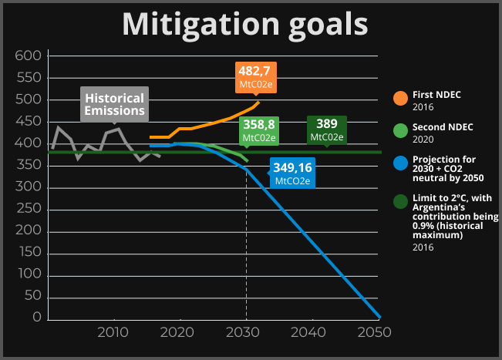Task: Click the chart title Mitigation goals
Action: click(x=245, y=24)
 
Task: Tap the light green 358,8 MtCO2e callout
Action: click(x=259, y=130)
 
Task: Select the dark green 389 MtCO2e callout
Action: click(x=326, y=130)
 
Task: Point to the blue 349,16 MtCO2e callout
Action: click(x=292, y=173)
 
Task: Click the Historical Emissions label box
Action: click(x=114, y=105)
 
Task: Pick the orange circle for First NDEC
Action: click(x=400, y=99)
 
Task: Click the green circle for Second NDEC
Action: click(x=400, y=130)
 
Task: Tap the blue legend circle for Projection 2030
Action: click(x=400, y=163)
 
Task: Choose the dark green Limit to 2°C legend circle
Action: click(x=400, y=202)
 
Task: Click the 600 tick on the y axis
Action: click(x=28, y=56)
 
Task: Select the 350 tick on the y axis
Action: click(x=28, y=165)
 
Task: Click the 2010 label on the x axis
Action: click(x=113, y=332)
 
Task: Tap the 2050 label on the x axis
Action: click(x=375, y=332)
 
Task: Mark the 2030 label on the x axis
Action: click(x=244, y=332)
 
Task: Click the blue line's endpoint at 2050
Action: click(x=379, y=315)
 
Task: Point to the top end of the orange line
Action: click(x=258, y=103)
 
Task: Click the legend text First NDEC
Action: click(x=437, y=94)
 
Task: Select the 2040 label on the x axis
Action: click(x=309, y=332)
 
